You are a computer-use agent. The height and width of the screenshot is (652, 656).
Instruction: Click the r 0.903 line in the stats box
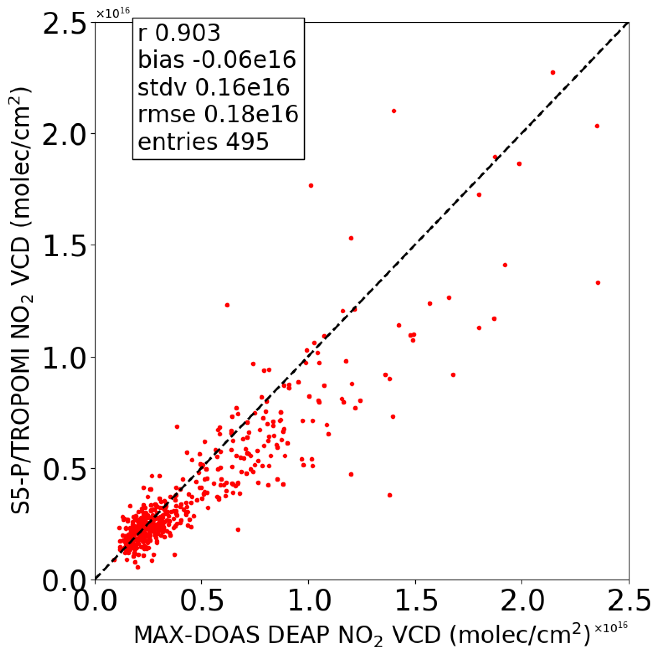[179, 33]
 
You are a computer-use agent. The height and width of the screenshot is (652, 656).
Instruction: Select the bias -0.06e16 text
[217, 60]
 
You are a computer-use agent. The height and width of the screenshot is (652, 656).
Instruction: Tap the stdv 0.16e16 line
[213, 87]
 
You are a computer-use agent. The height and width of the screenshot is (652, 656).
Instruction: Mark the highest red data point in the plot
[552, 72]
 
